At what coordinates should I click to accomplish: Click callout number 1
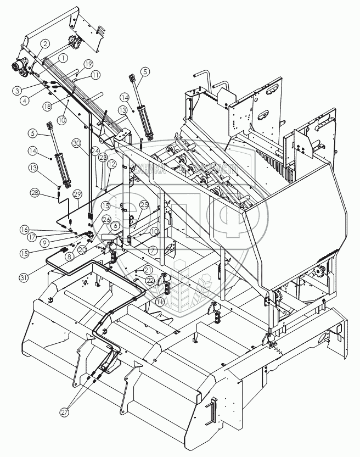tap(63, 57)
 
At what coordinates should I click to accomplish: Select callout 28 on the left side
tap(35, 192)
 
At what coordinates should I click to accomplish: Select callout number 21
tap(148, 270)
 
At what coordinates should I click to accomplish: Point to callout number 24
tap(95, 150)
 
